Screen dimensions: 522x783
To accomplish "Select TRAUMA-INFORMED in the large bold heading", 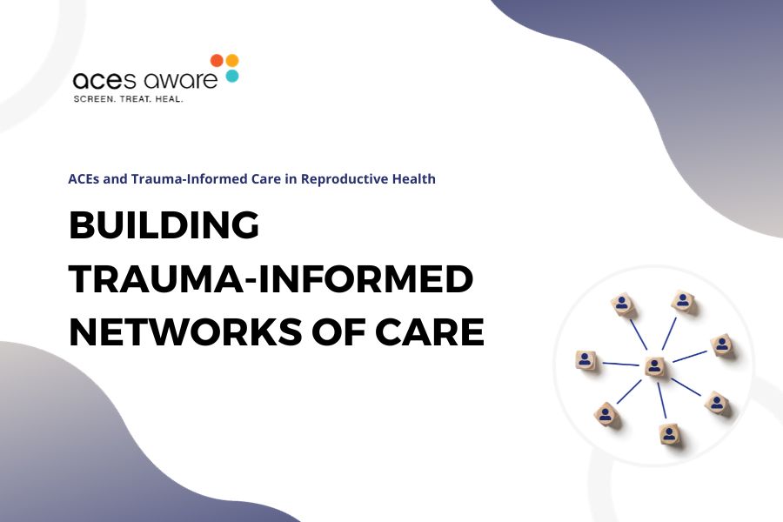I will click(271, 280).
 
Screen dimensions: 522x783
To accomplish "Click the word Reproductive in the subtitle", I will click(349, 179).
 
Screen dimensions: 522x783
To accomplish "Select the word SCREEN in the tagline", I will click(96, 98).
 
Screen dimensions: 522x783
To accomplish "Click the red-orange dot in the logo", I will click(217, 61).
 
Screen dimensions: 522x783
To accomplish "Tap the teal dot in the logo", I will click(231, 76).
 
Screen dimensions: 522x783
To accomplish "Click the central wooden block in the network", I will click(655, 367).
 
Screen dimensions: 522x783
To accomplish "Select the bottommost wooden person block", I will click(668, 433).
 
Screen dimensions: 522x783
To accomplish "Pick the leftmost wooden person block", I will click(586, 360).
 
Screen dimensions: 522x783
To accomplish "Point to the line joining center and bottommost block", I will click(662, 402).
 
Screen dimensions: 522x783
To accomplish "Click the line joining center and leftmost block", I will click(620, 364).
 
